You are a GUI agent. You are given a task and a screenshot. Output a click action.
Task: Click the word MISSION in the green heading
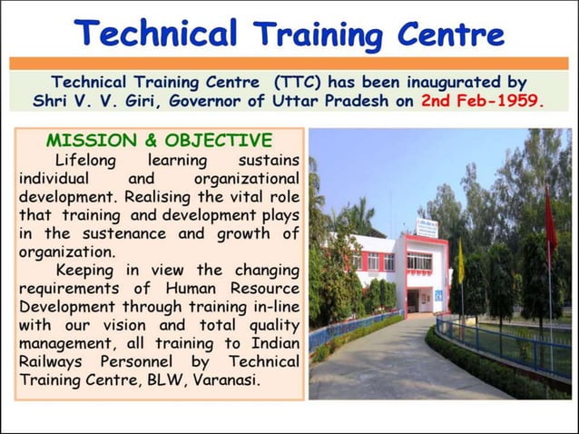click(x=89, y=141)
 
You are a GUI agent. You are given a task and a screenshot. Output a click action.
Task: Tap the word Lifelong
click(x=88, y=160)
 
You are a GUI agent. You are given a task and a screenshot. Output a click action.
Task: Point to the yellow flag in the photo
click(x=461, y=263)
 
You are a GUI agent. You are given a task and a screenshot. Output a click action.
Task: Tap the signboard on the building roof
click(x=427, y=227)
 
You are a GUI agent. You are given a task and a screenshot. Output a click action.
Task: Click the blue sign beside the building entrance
click(x=439, y=295)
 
